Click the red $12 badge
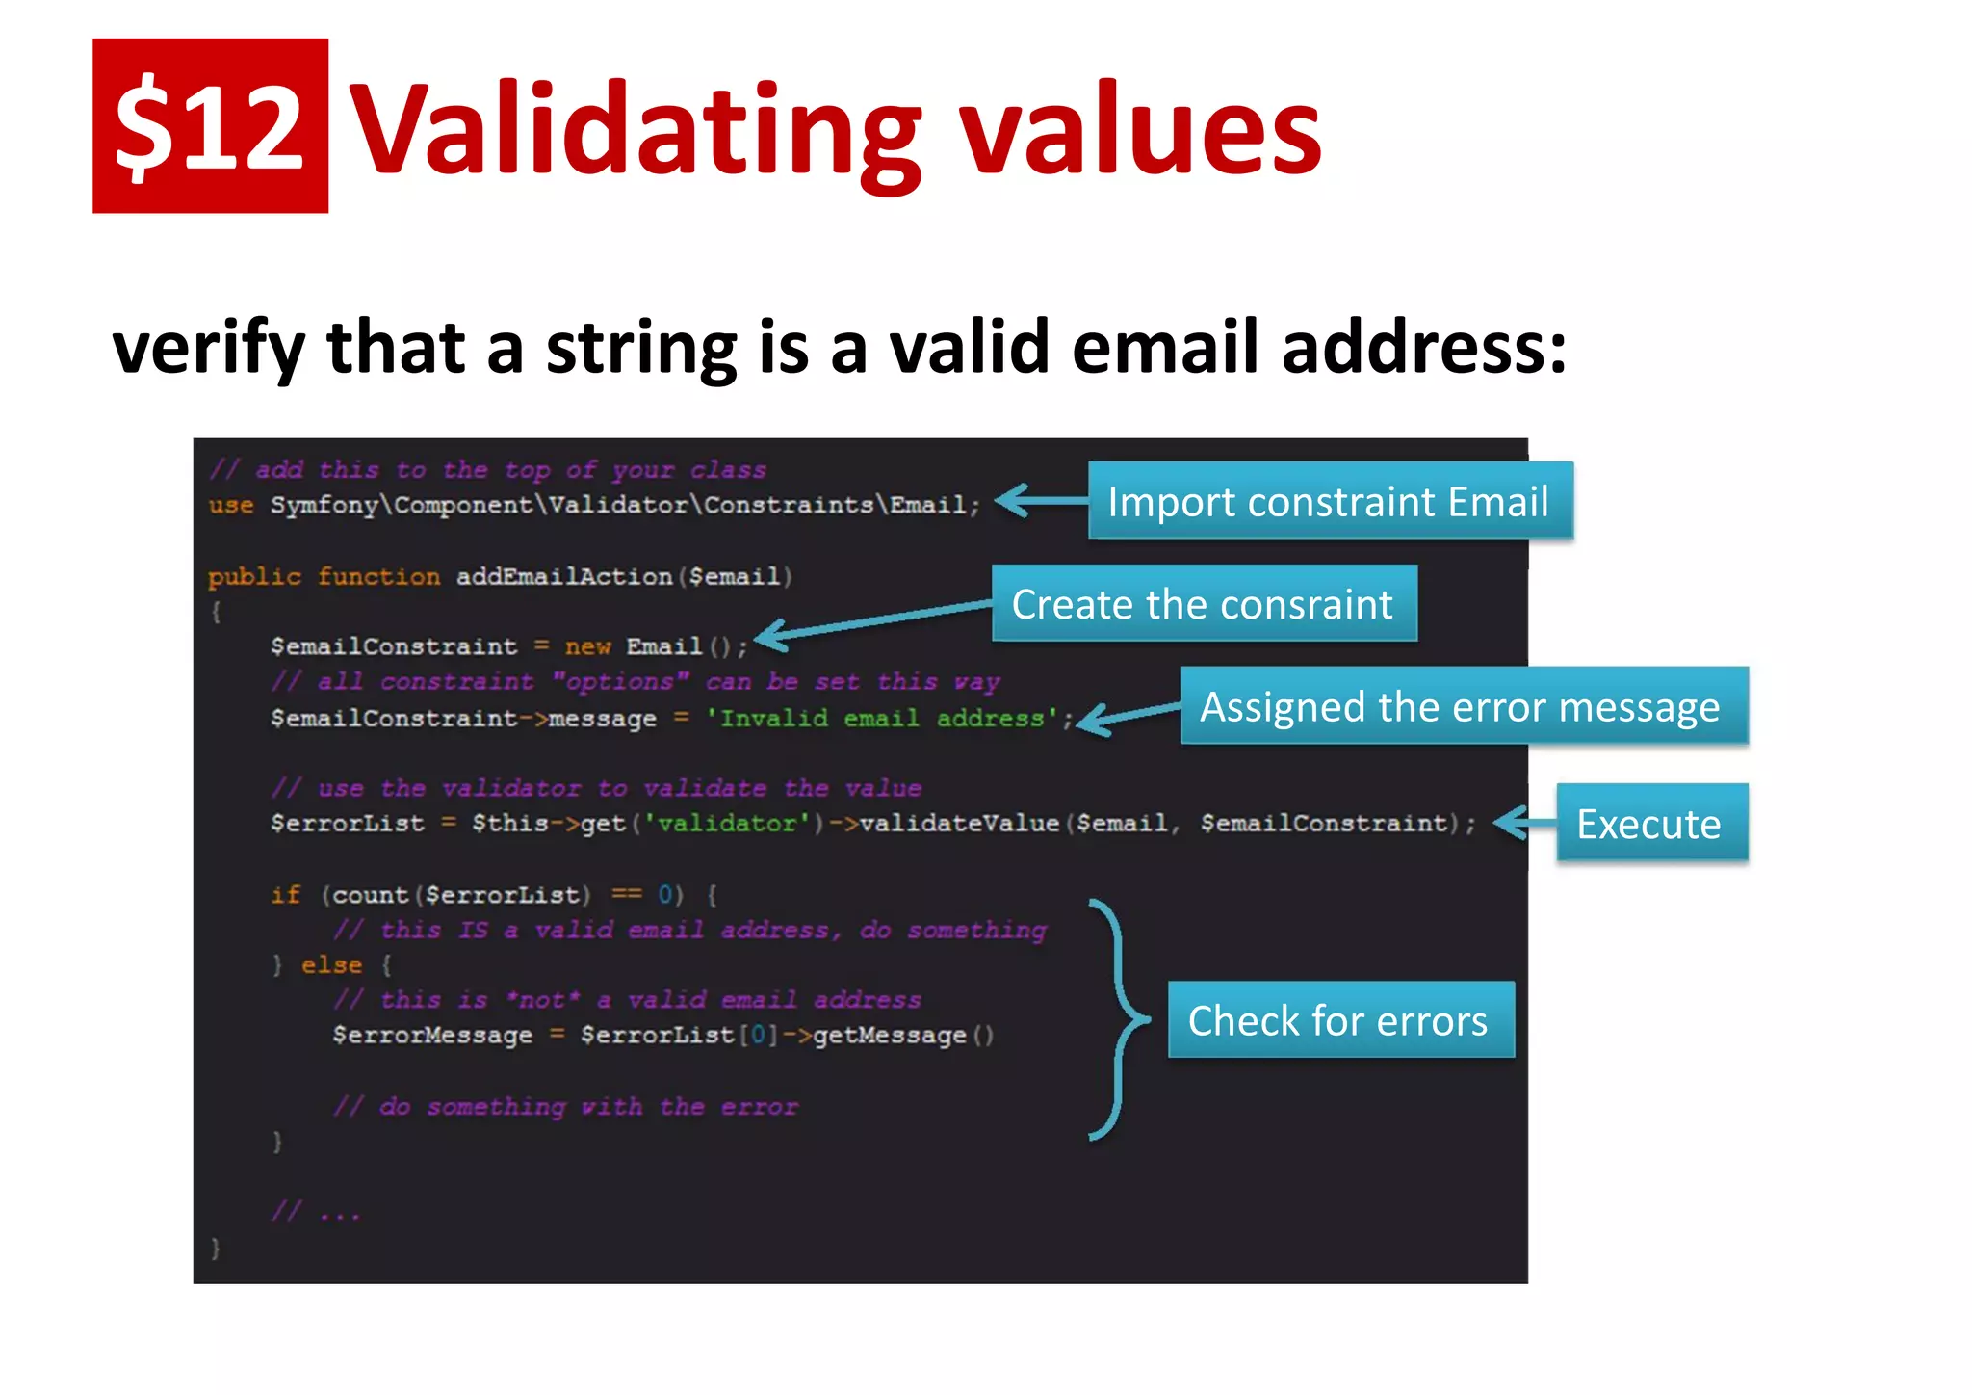210,125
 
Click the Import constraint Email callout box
1329,501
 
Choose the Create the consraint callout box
1204,604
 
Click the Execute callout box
1650,824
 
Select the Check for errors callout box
1339,1020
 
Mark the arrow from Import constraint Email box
1040,501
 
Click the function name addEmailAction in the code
563,576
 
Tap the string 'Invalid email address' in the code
881,719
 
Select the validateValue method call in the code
959,823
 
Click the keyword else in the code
331,964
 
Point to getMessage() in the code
902,1036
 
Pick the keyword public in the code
254,576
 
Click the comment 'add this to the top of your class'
489,470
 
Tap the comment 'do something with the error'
566,1107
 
